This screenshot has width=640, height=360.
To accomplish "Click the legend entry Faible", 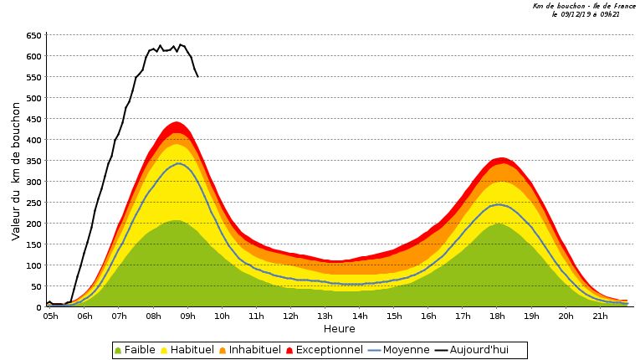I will [139, 350].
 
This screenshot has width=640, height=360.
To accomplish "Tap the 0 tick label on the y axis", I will [38, 307].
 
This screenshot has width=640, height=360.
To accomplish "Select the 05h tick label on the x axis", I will [49, 316].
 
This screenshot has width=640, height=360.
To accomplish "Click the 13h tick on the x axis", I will [325, 316].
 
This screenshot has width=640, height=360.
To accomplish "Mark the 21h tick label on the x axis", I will [601, 316].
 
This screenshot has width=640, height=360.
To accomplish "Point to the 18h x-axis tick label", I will [498, 316].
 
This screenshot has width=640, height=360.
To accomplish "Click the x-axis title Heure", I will [339, 329].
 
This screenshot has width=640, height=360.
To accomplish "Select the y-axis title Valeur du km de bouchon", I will [16, 172].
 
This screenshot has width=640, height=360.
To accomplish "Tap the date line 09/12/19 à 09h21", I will [585, 14].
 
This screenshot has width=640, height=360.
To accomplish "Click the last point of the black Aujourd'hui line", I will [197, 76].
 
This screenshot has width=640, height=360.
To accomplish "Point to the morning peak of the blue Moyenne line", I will [177, 163].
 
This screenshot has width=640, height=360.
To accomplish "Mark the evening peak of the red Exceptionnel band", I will [500, 158].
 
